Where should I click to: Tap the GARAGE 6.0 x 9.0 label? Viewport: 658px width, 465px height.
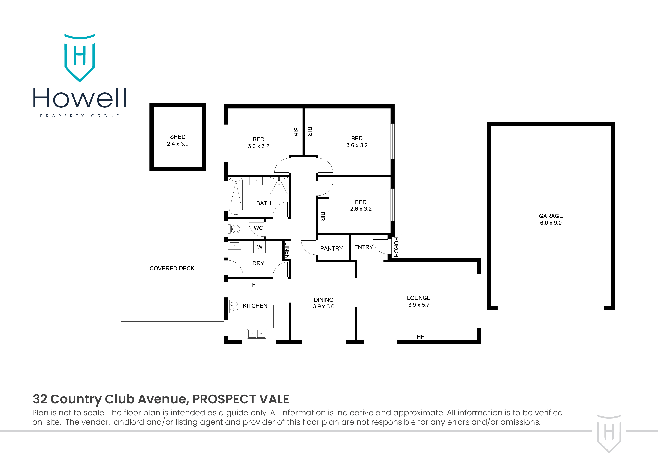(x=551, y=219)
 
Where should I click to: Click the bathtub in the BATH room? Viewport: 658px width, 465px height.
(x=236, y=196)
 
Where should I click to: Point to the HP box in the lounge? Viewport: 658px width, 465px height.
(x=420, y=337)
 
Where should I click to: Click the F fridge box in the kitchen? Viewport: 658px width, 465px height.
(x=254, y=285)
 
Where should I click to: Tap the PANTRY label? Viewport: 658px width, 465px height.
(x=331, y=249)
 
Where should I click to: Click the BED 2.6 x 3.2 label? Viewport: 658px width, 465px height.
(x=361, y=206)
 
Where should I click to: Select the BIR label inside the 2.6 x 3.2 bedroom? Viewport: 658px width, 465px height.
(x=323, y=217)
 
